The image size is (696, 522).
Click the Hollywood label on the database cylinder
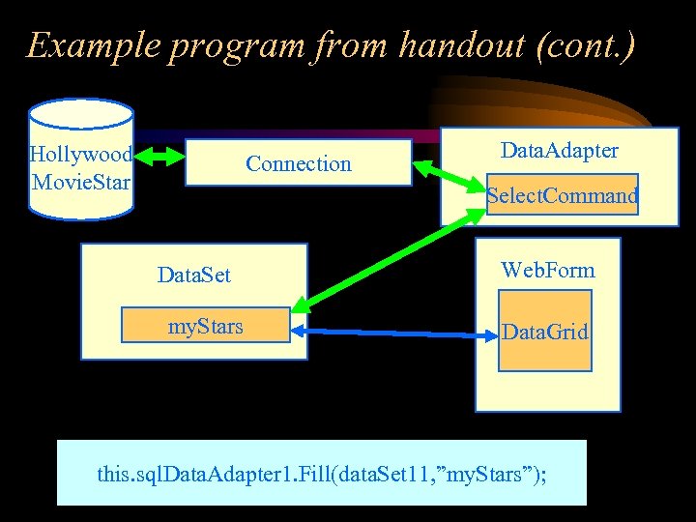(81, 155)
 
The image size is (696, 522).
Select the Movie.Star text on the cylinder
(81, 181)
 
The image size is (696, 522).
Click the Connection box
(298, 163)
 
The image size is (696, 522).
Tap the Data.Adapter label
(559, 150)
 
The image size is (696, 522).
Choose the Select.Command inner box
(562, 196)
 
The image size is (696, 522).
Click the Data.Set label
(194, 275)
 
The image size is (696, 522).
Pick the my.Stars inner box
(205, 327)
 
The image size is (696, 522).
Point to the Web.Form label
(547, 270)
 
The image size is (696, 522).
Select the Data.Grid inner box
(544, 333)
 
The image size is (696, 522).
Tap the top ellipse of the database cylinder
(81, 112)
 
